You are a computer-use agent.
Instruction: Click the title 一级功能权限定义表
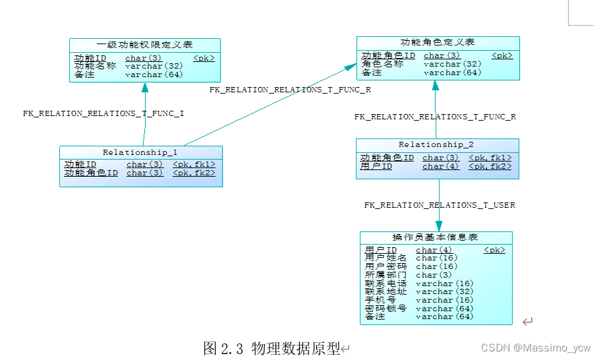(144, 45)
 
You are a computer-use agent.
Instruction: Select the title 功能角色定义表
(438, 42)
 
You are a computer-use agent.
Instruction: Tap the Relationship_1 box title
(140, 152)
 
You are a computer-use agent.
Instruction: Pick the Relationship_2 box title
(436, 144)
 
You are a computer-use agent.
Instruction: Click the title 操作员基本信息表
(435, 237)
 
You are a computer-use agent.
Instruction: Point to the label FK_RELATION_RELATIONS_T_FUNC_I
(103, 113)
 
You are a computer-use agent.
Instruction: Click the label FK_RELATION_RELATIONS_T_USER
(440, 205)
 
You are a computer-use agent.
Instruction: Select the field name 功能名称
(96, 66)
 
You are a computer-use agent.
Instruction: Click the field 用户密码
(386, 266)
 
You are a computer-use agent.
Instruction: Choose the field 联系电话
(386, 284)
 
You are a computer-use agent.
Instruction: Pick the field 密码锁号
(386, 309)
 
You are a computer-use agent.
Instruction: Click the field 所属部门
(386, 275)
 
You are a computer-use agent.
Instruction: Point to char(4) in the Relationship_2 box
(440, 167)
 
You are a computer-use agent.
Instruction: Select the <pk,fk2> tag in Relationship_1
(194, 173)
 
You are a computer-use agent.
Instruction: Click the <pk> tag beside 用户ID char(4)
(494, 250)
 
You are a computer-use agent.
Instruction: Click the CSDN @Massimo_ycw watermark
(535, 347)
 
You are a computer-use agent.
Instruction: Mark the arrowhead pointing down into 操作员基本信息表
(439, 225)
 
